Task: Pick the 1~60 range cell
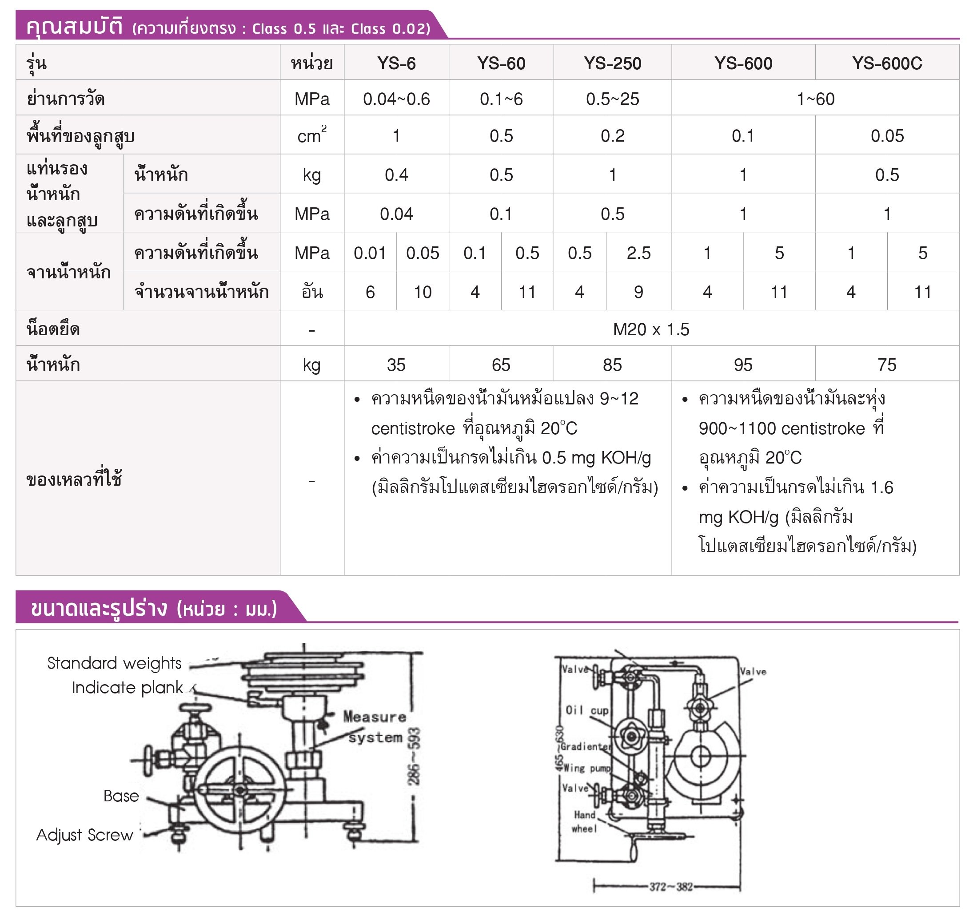[x=815, y=99]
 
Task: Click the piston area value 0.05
[x=887, y=136]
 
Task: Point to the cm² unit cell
[x=312, y=136]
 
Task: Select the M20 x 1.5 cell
[x=651, y=329]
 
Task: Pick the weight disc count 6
[x=370, y=293]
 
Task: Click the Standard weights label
[x=114, y=663]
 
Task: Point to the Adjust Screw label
[x=85, y=835]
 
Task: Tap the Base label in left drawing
[x=121, y=796]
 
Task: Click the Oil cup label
[x=587, y=710]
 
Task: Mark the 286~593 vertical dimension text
[x=414, y=757]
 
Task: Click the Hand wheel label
[x=584, y=821]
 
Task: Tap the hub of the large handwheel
[x=240, y=790]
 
